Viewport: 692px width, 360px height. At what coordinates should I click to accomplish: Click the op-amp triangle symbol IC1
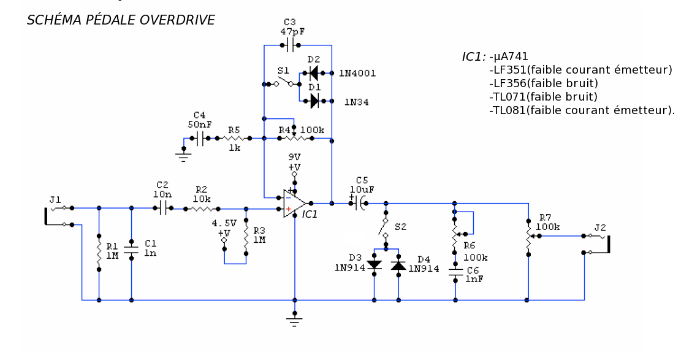click(294, 204)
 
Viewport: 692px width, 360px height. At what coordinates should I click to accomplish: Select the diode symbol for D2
click(313, 73)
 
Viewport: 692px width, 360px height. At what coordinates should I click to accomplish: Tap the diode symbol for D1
click(314, 101)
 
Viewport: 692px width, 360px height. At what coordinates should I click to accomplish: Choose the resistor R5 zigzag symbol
click(234, 138)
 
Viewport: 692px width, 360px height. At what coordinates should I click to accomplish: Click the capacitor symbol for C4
click(200, 138)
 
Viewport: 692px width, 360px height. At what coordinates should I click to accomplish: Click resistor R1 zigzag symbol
click(99, 252)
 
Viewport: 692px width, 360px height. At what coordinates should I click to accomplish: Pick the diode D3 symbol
click(375, 265)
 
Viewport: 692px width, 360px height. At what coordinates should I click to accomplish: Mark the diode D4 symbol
click(398, 265)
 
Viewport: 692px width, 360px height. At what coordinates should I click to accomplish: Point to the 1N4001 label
click(357, 74)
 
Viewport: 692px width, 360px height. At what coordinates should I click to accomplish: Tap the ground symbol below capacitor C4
click(184, 156)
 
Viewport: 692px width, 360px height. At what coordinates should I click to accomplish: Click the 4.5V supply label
click(224, 223)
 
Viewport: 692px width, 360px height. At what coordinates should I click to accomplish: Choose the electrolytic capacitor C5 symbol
click(359, 203)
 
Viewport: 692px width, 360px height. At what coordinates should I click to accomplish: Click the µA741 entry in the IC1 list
click(511, 56)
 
